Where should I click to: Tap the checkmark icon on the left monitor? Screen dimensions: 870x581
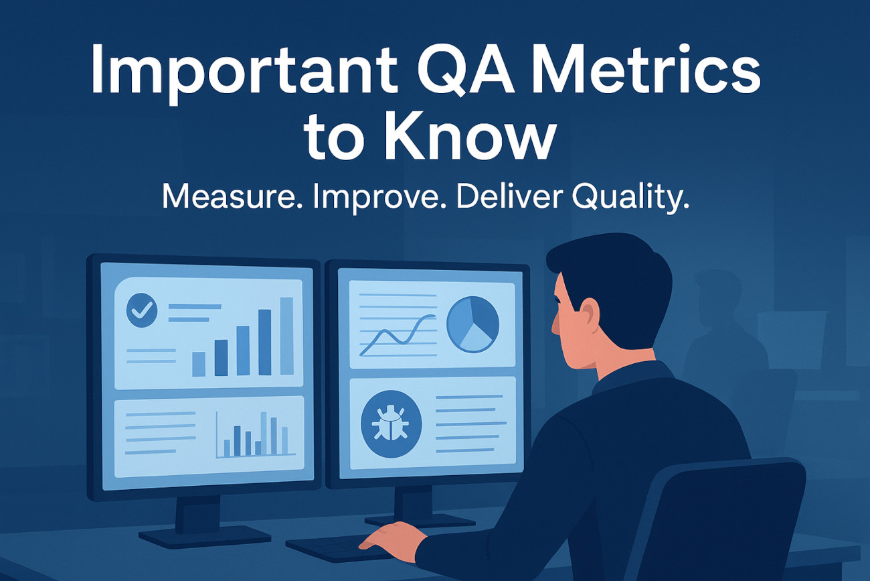[x=142, y=310]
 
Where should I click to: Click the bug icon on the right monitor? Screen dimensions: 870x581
[x=391, y=424]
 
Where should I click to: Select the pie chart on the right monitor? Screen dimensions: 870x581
[x=472, y=324]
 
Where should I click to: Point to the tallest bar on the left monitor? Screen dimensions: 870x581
[x=286, y=336]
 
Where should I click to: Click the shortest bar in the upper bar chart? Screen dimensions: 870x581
[x=199, y=364]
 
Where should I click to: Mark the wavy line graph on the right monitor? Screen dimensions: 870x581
[x=398, y=335]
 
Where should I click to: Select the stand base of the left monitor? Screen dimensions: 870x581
[x=205, y=537]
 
